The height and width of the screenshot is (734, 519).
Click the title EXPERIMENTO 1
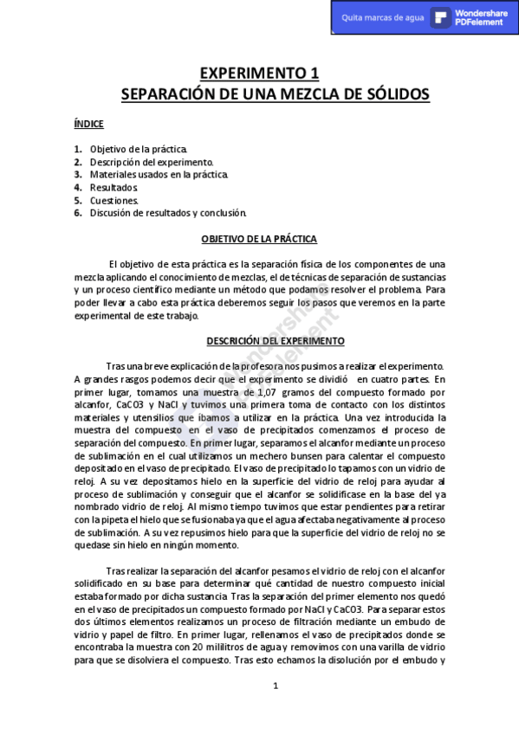click(259, 73)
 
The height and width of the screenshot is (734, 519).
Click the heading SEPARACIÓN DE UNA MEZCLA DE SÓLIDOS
click(275, 93)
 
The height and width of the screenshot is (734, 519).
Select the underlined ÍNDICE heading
click(89, 125)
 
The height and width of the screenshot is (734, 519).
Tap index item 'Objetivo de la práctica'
click(139, 150)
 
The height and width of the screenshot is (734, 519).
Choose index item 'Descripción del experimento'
click(152, 162)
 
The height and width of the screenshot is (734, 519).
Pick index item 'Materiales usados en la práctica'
click(159, 175)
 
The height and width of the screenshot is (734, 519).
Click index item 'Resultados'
click(114, 187)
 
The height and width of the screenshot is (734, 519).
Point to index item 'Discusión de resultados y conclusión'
click(168, 212)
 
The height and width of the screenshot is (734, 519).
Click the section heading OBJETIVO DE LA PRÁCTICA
click(259, 238)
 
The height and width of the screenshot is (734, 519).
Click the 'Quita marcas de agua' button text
click(383, 17)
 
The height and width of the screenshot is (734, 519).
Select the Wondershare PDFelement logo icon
click(441, 17)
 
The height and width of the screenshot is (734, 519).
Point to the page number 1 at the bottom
click(276, 686)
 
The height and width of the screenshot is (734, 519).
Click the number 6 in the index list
click(78, 212)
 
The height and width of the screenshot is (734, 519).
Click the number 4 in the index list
click(78, 187)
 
